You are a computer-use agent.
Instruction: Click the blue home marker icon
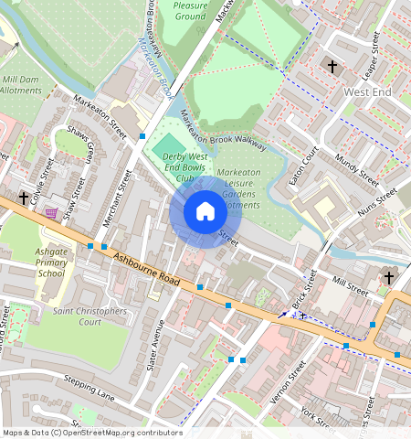pos(205,212)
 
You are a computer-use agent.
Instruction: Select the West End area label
pos(366,93)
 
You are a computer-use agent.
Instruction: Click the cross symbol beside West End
pos(332,67)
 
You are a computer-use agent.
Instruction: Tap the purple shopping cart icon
pos(52,213)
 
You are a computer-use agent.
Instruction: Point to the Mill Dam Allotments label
pos(21,85)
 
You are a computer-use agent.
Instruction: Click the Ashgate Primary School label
pos(51,262)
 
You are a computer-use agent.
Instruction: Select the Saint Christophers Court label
pos(90,316)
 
